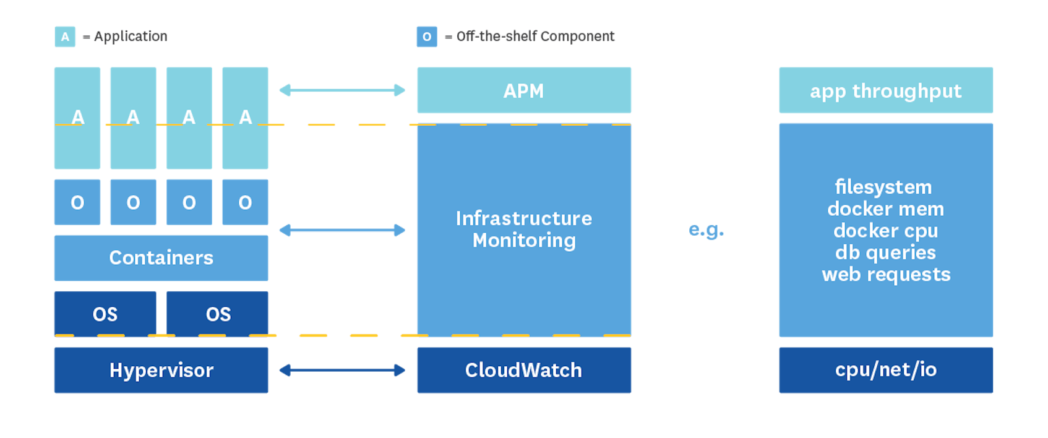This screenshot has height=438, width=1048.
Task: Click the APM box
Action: (x=524, y=90)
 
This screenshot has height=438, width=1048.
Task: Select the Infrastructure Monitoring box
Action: (x=524, y=230)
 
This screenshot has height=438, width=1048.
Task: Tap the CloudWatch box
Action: (x=524, y=370)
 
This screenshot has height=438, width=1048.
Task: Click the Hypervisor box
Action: (x=161, y=370)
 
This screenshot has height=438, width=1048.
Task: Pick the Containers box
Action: (x=161, y=257)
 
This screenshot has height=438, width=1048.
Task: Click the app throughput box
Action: (x=885, y=90)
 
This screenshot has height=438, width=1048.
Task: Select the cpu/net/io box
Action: (x=885, y=370)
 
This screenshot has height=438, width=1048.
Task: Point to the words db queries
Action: (x=885, y=252)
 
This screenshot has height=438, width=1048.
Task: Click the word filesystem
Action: (x=883, y=187)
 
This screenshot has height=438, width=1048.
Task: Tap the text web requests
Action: (x=885, y=274)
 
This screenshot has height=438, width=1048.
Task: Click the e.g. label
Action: (x=706, y=230)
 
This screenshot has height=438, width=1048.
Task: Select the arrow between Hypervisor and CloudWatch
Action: (x=342, y=370)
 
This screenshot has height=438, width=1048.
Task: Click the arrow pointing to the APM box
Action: (x=342, y=90)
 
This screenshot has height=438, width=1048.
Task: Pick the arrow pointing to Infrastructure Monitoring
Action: (x=342, y=230)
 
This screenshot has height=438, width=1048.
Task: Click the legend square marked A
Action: (x=65, y=36)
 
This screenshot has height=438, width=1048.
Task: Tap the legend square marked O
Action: (x=426, y=36)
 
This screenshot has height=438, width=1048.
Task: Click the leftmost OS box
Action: (x=105, y=314)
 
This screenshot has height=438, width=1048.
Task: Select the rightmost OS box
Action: (x=218, y=314)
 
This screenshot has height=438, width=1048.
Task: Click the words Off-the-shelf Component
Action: (x=535, y=36)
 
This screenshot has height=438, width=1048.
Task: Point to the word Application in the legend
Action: (x=131, y=36)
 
